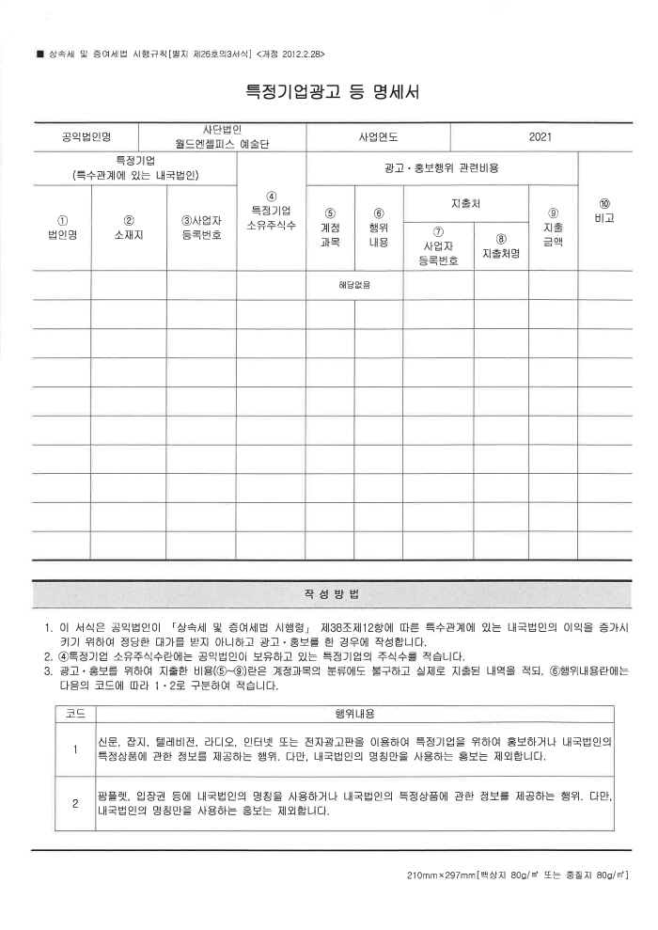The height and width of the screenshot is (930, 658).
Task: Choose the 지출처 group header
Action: (465, 203)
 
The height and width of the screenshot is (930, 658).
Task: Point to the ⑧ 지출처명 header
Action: (500, 246)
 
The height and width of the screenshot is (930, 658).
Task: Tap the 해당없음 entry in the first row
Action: (354, 284)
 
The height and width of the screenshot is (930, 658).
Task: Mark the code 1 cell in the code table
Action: (73, 749)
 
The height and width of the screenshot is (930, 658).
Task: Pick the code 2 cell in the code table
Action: (73, 804)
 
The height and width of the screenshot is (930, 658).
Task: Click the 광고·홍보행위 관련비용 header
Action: (442, 167)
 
